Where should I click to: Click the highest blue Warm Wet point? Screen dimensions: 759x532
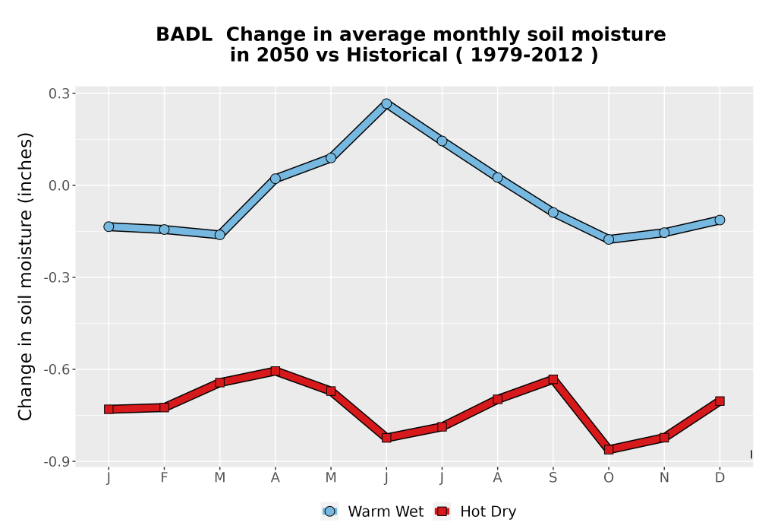coord(386,103)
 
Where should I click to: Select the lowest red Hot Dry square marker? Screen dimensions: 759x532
coord(609,450)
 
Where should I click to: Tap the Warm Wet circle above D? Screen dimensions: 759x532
coord(720,220)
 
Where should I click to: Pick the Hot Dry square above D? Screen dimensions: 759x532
coord(720,401)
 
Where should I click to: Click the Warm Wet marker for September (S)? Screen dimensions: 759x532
coord(553,213)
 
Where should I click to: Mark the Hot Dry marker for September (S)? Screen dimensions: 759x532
coord(553,379)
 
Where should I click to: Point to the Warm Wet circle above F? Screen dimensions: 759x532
coord(164,230)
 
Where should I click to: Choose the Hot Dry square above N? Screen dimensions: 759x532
coord(664,438)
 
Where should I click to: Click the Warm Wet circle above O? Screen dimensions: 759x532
coord(609,239)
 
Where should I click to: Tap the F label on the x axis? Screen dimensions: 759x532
coord(164,478)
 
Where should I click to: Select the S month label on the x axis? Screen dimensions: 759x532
coord(553,478)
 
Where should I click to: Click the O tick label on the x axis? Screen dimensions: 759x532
coord(609,478)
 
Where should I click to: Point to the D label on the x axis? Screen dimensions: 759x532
coord(720,478)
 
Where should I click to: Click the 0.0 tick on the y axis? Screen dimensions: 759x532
coord(59,185)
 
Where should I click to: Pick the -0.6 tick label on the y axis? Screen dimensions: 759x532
coord(56,369)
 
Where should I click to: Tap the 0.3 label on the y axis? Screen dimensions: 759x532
coord(59,93)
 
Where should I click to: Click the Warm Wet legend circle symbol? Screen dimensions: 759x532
coord(329,511)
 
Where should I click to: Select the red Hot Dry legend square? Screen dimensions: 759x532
coord(442,511)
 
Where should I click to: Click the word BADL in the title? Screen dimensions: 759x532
coord(184,35)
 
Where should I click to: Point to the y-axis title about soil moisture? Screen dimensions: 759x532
coord(25,277)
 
